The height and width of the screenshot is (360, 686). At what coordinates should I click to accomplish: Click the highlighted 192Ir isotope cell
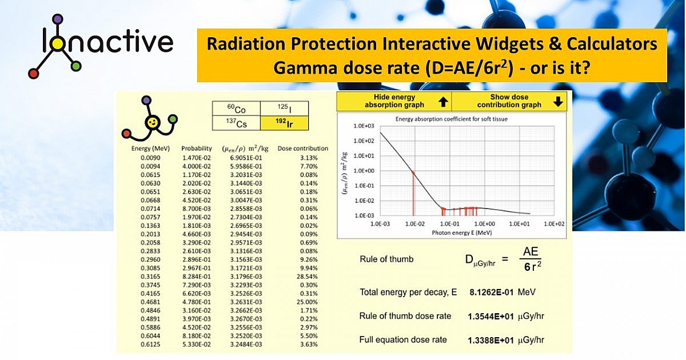[284, 123]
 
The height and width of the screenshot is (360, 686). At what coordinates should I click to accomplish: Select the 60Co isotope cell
[236, 109]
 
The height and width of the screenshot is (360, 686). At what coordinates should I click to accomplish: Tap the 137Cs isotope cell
[236, 123]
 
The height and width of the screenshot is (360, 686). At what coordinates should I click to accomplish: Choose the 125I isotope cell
[284, 109]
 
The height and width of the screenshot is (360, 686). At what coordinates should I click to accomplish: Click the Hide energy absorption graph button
[394, 101]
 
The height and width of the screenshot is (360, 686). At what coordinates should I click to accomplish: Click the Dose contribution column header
[302, 148]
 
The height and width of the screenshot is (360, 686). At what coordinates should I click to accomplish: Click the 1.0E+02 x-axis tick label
[554, 223]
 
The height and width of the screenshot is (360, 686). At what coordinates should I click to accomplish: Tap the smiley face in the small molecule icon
[152, 122]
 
